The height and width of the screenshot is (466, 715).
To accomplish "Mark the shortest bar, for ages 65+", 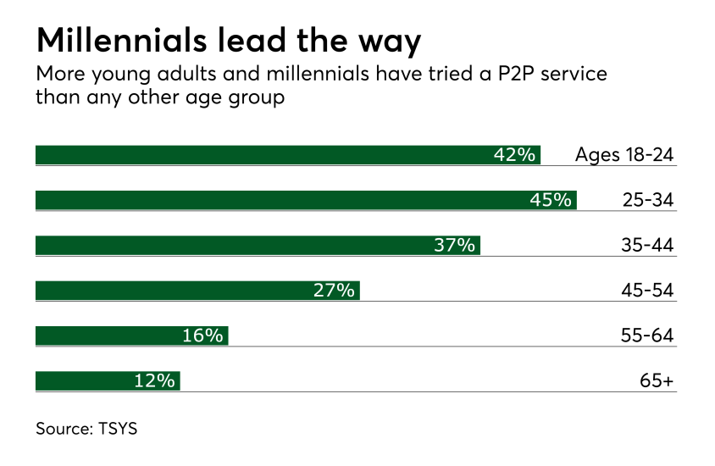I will [x=85, y=380].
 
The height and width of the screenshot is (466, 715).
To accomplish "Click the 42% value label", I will [x=515, y=155].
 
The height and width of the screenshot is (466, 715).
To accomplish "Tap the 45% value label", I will [x=551, y=200].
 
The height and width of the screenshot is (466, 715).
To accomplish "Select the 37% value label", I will [x=455, y=245].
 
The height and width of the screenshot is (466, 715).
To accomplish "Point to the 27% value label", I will [x=335, y=291].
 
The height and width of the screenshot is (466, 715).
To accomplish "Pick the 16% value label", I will [x=203, y=336].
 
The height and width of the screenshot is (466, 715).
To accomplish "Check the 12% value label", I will [x=155, y=380].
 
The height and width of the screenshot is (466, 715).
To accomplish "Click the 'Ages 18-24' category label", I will [x=624, y=155].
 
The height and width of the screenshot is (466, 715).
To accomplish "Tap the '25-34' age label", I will [x=646, y=200].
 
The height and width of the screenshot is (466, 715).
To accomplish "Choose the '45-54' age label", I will [x=646, y=291].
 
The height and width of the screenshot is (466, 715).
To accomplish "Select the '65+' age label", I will [x=657, y=380].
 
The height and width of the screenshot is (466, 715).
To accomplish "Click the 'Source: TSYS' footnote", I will [x=86, y=429].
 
